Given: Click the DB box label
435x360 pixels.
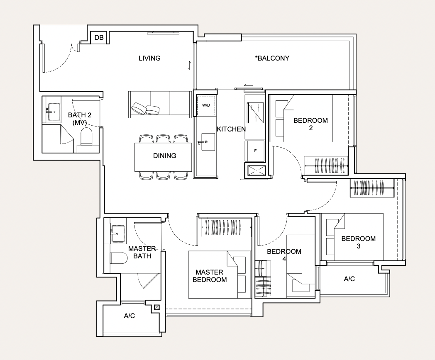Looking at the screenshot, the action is coord(99,37).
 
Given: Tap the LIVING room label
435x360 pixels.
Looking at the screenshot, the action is coord(149,58).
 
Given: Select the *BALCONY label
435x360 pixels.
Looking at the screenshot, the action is coord(272,58).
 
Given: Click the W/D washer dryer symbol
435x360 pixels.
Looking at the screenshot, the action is coord(206,105).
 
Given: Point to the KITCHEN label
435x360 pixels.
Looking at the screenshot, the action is coord(231,129).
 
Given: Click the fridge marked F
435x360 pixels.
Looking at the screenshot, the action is coord(255,151).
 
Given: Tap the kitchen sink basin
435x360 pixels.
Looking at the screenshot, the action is coord(208,142).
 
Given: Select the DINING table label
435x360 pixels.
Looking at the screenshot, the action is coord(164,156).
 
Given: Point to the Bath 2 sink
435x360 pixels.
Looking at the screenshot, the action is coord(54,112).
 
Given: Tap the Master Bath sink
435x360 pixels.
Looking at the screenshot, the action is coord(118,234).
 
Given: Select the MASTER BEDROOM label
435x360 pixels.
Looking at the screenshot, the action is coord(210,276).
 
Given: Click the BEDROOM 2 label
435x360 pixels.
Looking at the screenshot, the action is coord(310,124).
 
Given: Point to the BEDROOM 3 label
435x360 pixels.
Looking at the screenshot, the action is coord(359,242).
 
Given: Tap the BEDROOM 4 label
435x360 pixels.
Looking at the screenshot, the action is coord(284,255).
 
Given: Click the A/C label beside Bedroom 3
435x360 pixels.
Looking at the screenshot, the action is coord(349,279).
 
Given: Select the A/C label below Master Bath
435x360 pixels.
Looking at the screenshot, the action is coord(129,316).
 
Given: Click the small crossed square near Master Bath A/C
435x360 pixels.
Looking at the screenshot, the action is coord(157,307).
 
